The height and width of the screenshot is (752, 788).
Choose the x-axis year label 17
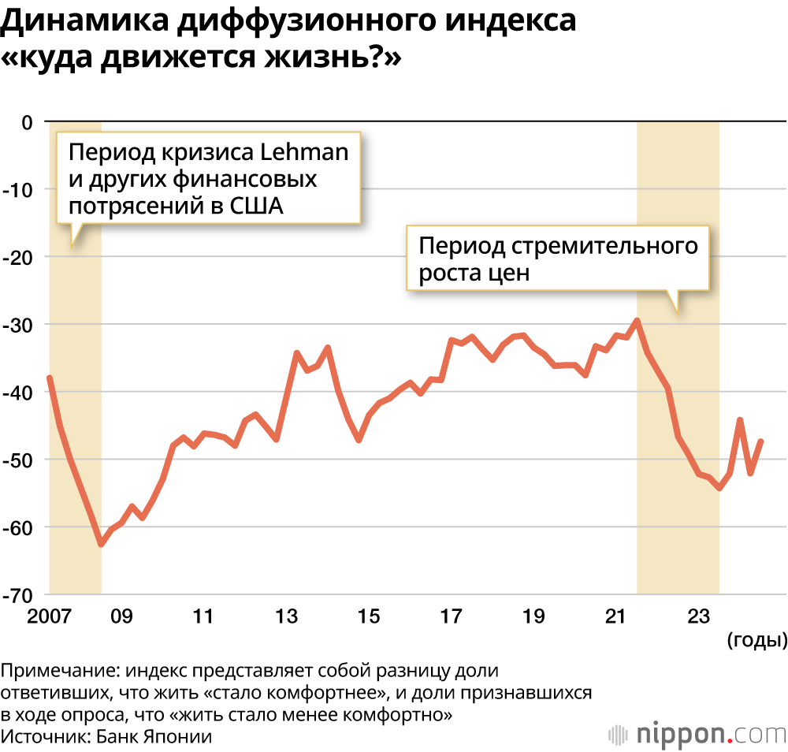[451, 616]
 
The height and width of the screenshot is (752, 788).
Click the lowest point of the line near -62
[101, 544]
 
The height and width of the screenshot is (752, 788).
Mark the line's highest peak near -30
[637, 320]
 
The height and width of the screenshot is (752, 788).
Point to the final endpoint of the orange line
[761, 441]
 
